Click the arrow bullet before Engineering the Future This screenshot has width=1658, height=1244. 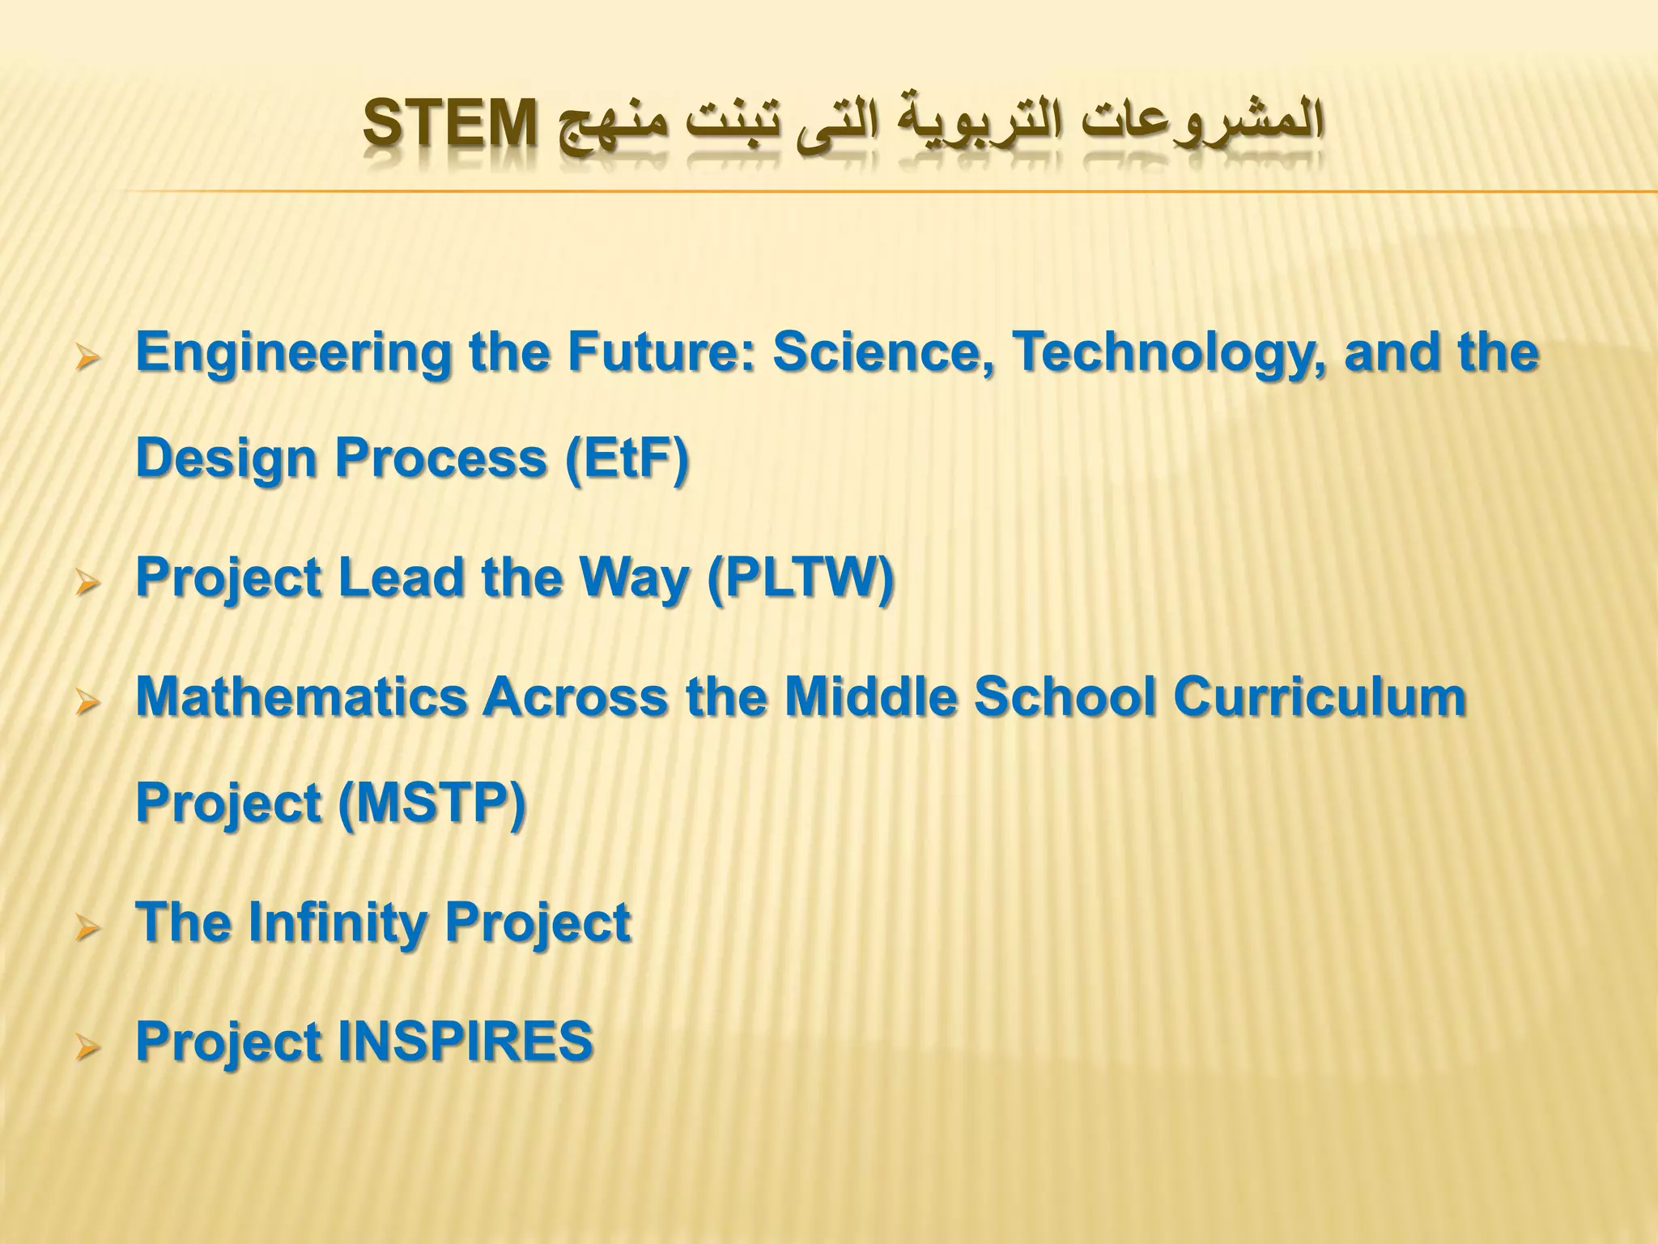point(86,357)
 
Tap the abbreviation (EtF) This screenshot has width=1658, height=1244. point(627,458)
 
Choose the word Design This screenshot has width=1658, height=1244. point(226,458)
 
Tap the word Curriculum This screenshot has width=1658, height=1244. point(1320,697)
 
